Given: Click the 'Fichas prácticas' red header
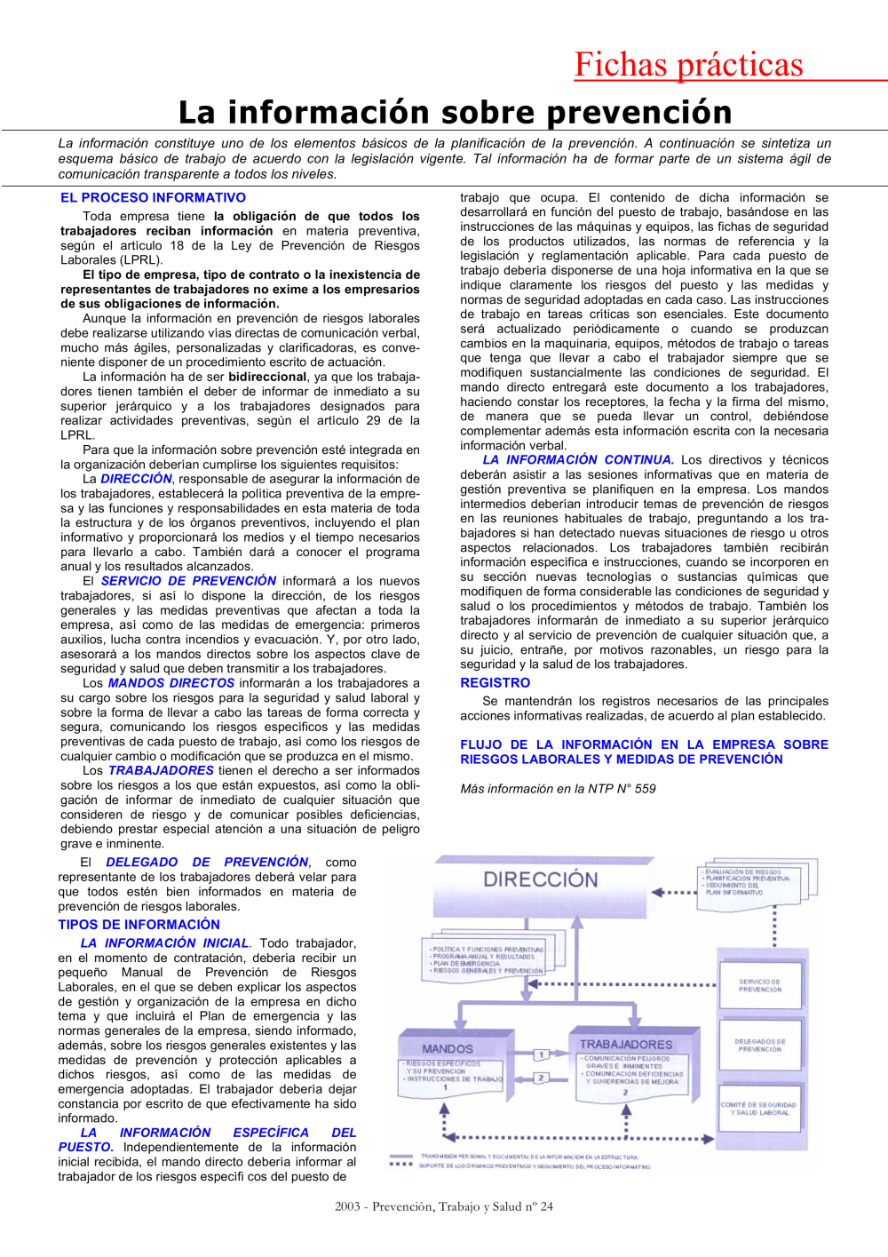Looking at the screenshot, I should (x=688, y=65).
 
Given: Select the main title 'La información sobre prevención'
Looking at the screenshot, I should (x=455, y=113).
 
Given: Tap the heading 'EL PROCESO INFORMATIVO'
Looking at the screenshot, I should (x=153, y=198).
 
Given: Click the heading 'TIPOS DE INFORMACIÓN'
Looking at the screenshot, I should (x=139, y=925).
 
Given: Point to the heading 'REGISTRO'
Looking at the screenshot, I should (x=495, y=683).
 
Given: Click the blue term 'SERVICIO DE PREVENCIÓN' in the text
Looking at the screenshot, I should (x=188, y=581).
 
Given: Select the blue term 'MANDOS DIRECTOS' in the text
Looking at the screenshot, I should (x=171, y=683).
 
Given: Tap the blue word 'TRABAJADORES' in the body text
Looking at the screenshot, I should (x=161, y=771).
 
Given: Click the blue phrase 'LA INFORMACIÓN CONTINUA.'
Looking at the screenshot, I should (x=578, y=460).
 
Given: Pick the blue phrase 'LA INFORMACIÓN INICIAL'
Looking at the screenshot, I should (x=165, y=943).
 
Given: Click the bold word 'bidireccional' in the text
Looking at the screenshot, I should (x=267, y=377).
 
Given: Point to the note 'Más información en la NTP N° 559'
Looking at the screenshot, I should (x=558, y=789).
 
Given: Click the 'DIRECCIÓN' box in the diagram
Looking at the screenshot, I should (x=540, y=880).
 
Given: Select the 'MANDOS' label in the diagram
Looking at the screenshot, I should (x=448, y=1049).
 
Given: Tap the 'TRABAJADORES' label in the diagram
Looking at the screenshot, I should (x=626, y=1045).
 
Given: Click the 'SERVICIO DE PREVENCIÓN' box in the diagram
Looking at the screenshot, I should (x=760, y=985).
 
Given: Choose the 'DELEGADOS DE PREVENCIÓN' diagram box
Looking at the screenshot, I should (x=760, y=1046).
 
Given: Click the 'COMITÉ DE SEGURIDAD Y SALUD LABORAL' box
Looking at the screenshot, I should (x=759, y=1109).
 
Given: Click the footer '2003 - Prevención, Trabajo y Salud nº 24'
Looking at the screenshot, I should (x=444, y=1206).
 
